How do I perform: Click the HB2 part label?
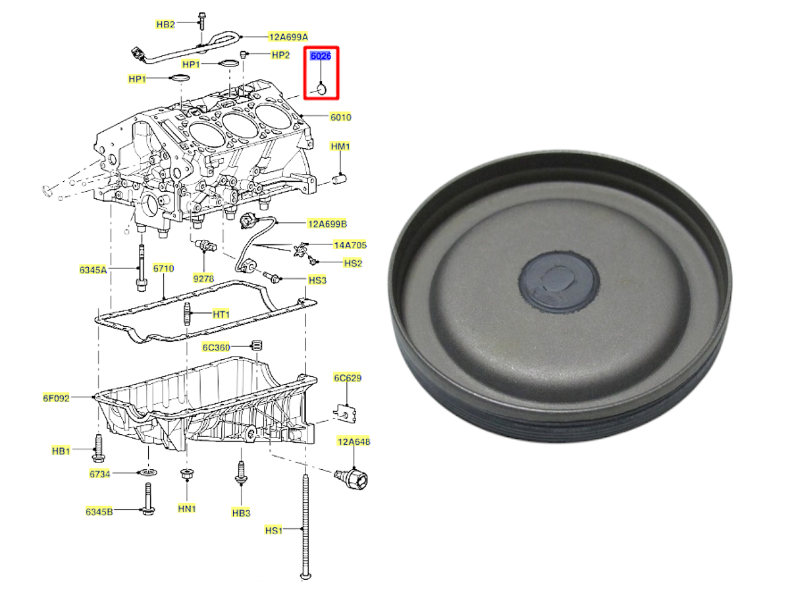pyautogui.click(x=165, y=24)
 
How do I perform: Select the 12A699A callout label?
pyautogui.click(x=288, y=37)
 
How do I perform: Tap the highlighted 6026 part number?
pyautogui.click(x=321, y=56)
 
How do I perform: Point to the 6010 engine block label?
pyautogui.click(x=340, y=117)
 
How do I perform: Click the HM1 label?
pyautogui.click(x=340, y=146)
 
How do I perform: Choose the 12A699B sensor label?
pyautogui.click(x=327, y=224)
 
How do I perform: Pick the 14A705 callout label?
pyautogui.click(x=350, y=245)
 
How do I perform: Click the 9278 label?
pyautogui.click(x=203, y=278)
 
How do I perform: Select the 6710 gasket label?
pyautogui.click(x=163, y=268)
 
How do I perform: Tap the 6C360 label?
pyautogui.click(x=217, y=347)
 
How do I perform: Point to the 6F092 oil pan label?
pyautogui.click(x=56, y=398)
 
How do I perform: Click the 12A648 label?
pyautogui.click(x=354, y=441)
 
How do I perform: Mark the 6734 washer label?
pyautogui.click(x=99, y=474)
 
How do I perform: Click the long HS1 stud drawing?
pyautogui.click(x=305, y=527)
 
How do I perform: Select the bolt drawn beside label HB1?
pyautogui.click(x=98, y=448)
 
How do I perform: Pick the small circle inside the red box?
pyautogui.click(x=321, y=89)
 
